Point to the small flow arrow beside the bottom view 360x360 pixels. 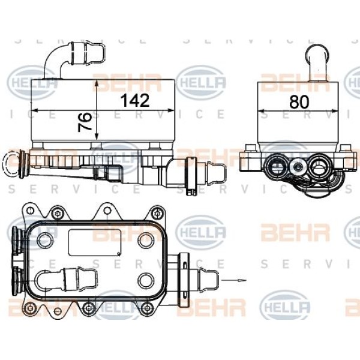coord(235,279)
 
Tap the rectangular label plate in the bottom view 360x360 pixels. coord(90,242)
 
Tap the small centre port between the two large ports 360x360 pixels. coord(297,165)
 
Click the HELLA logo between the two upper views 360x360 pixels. coord(201,81)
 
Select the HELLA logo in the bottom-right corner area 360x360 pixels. coord(286,309)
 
